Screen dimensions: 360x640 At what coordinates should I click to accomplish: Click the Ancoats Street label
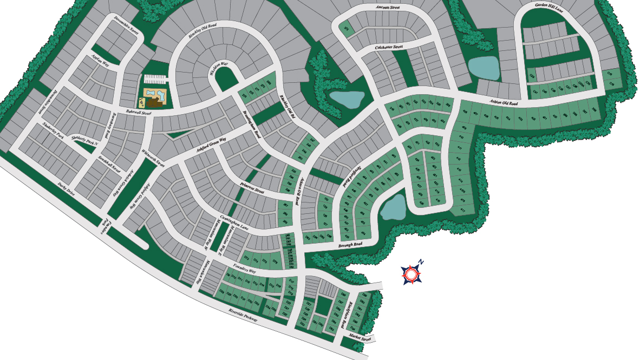pos(387,8)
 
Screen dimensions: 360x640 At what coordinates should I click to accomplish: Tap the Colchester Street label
pos(389,48)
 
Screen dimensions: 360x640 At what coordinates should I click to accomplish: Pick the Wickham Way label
pos(219,69)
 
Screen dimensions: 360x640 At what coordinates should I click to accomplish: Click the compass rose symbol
pos(412,274)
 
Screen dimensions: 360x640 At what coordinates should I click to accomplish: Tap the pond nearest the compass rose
pos(393,207)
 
